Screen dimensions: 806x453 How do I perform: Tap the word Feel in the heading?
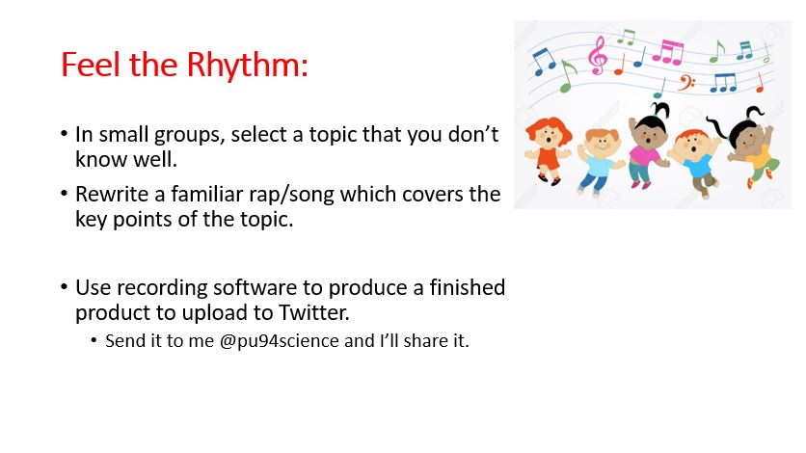91,65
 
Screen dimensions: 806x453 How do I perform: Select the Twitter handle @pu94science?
280,341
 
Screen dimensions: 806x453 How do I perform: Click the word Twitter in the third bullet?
313,312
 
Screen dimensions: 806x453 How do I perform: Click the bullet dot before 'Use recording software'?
65,286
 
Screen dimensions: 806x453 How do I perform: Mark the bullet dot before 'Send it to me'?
94,340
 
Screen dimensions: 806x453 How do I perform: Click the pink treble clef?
598,56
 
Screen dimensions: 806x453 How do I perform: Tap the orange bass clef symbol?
686,82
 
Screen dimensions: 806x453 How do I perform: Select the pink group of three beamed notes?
668,52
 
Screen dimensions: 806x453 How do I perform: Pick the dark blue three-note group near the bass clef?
723,83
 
